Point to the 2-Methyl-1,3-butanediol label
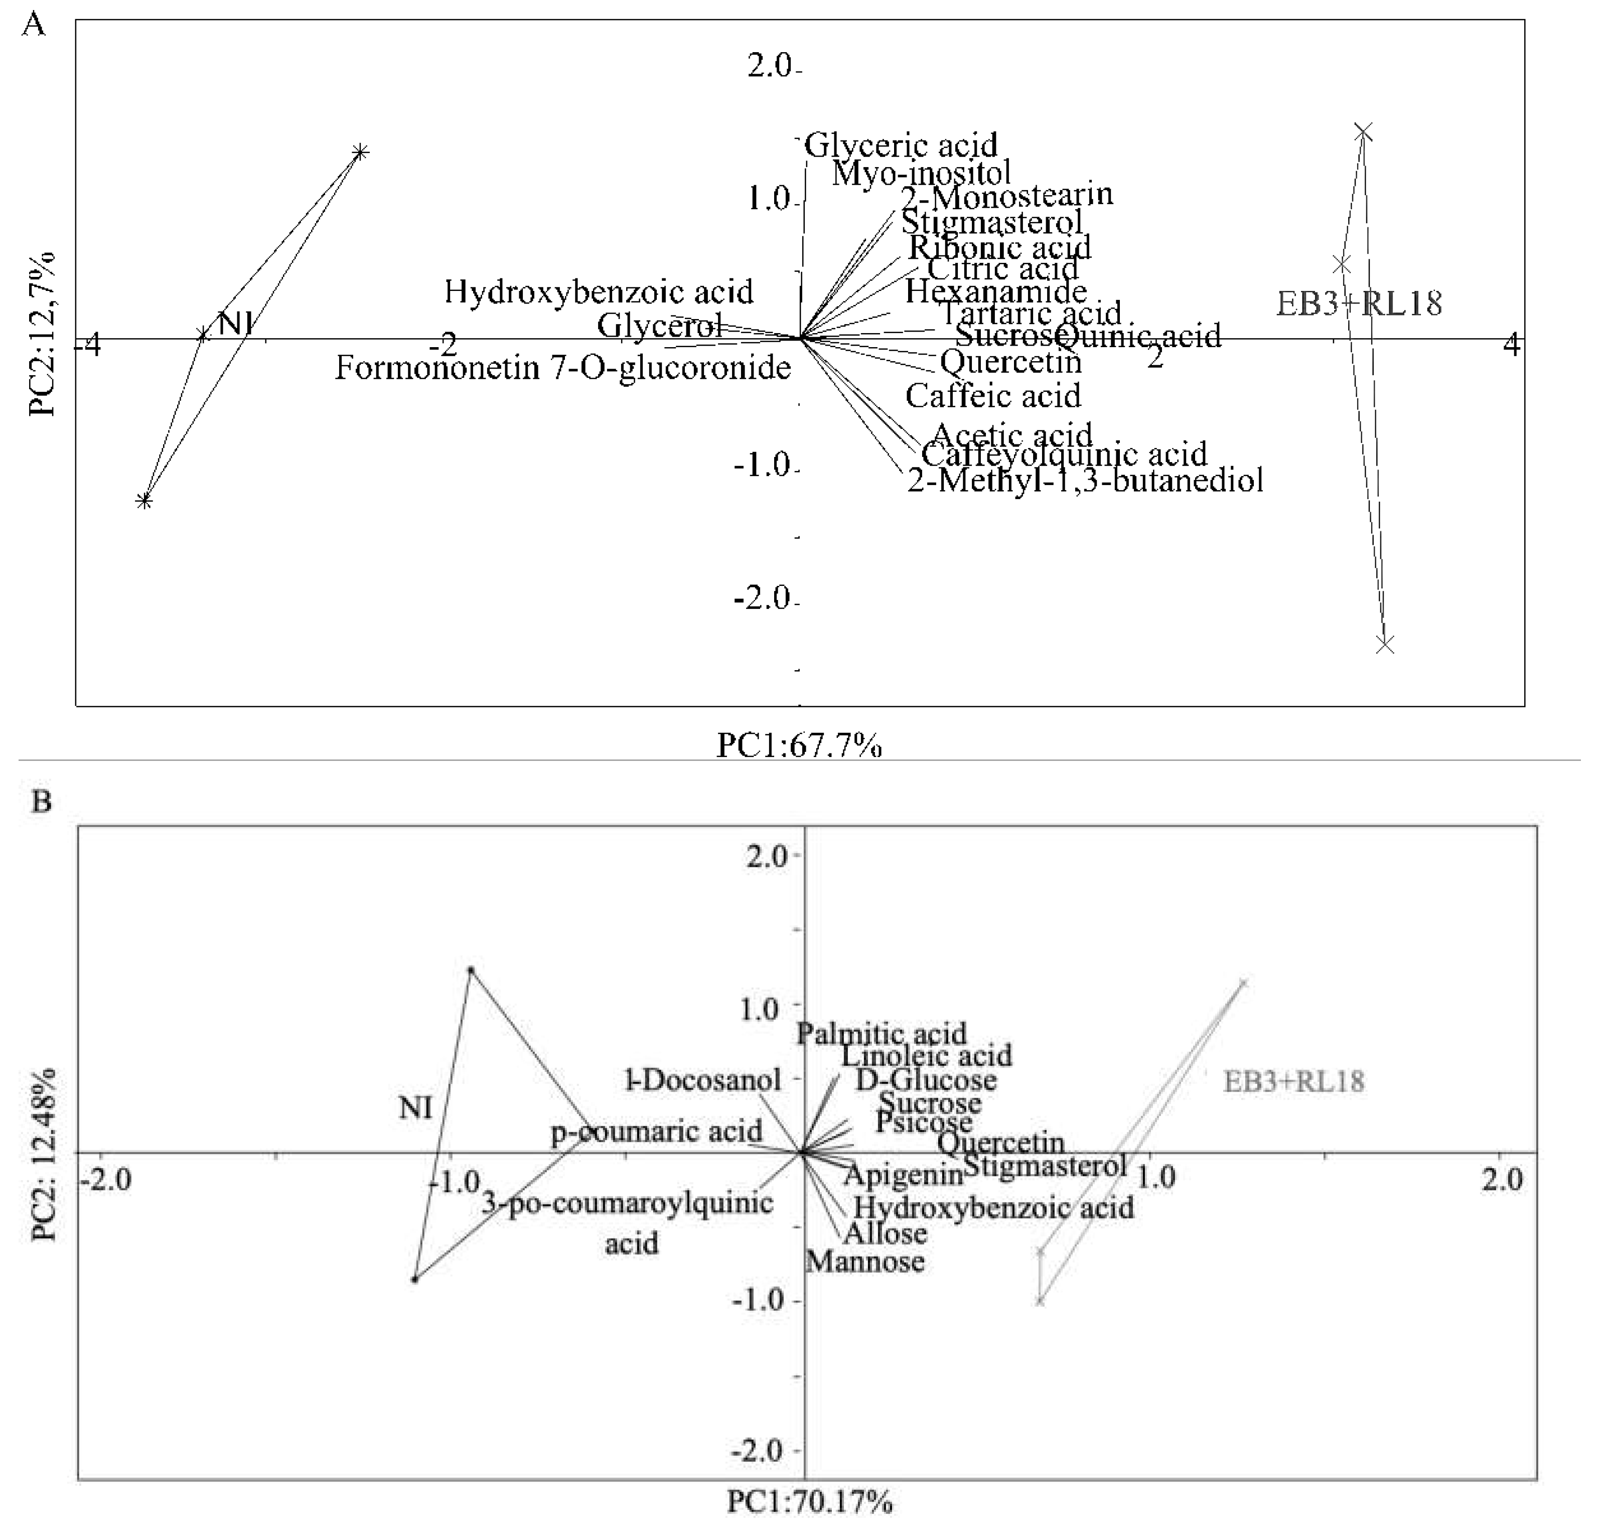click(1085, 480)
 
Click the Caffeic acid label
click(993, 396)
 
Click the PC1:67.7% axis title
click(799, 745)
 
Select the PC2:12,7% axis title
click(42, 334)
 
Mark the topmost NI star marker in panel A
click(360, 152)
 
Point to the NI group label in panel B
click(415, 1108)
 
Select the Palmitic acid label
click(881, 1034)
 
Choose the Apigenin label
click(903, 1174)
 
